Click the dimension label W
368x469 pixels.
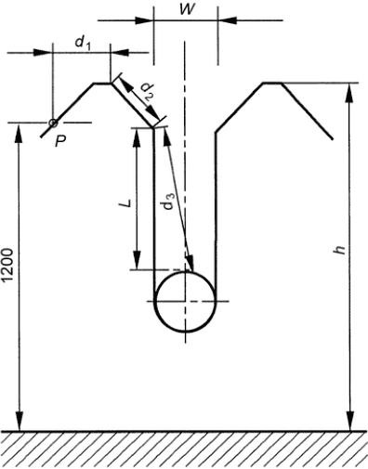(189, 9)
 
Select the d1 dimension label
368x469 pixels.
(83, 43)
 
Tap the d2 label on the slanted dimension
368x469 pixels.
(147, 93)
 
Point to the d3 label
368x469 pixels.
(168, 201)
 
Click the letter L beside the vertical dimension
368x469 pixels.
(125, 203)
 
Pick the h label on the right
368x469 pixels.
(340, 250)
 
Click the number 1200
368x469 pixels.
(7, 265)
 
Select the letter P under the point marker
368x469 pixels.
(60, 141)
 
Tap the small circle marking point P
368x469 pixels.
(53, 123)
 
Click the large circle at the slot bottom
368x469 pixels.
(185, 271)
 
